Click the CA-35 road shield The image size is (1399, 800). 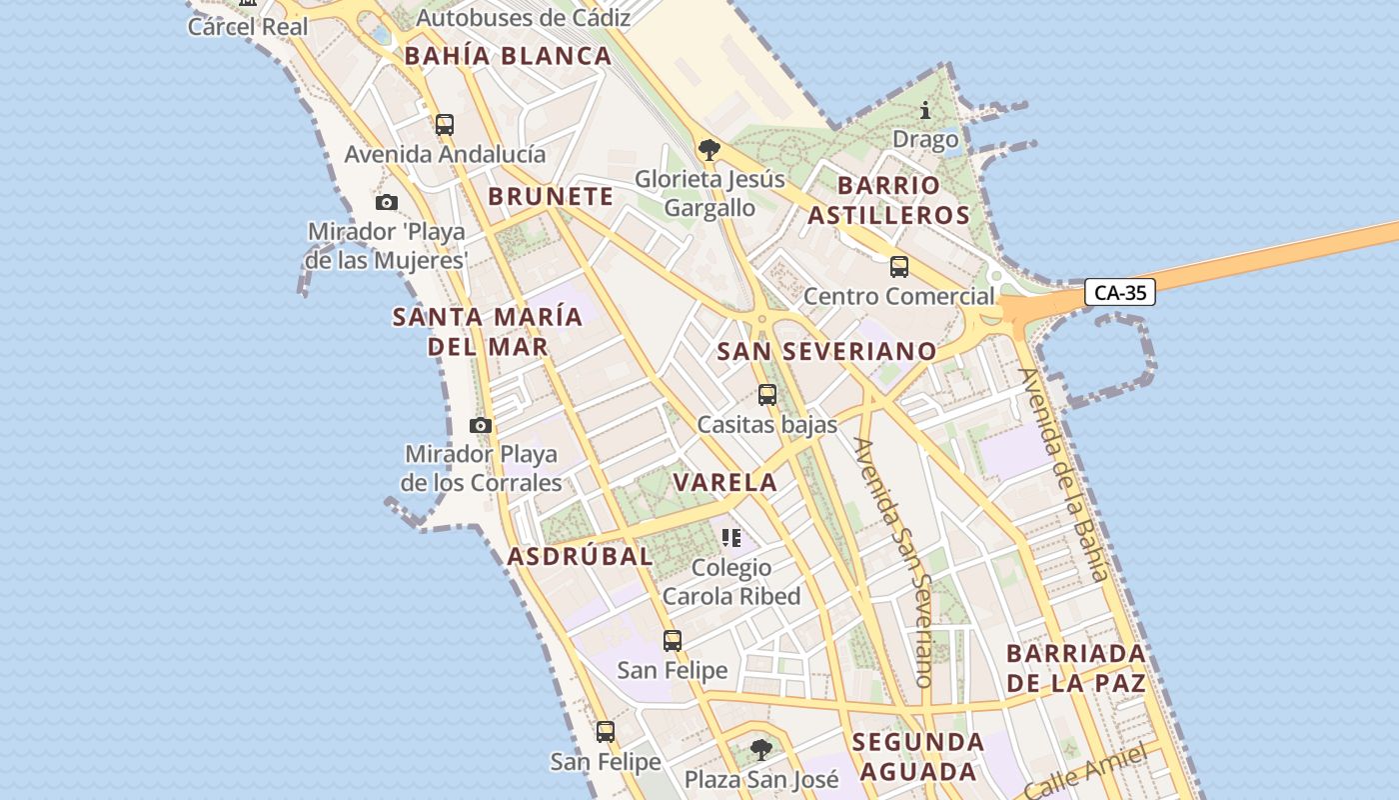(1119, 293)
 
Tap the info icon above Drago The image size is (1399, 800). (925, 110)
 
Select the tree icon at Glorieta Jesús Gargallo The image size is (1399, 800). (709, 150)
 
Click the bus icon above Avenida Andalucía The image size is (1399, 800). (445, 125)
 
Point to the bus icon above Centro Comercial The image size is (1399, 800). (899, 267)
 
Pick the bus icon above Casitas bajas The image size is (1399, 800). (767, 395)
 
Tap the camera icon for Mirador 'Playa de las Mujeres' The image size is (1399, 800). (387, 203)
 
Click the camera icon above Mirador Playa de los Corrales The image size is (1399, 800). (481, 425)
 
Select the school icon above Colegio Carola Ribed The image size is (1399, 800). (731, 538)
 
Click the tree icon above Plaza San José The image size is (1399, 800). (761, 749)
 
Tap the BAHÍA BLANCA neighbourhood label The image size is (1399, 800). (508, 56)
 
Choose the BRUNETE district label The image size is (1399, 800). (551, 196)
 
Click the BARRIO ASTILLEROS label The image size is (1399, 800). (888, 200)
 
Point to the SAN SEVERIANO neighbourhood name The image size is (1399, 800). (827, 351)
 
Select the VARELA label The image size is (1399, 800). (724, 482)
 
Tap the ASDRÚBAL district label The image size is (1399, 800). (580, 556)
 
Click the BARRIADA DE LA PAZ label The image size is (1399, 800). (1075, 669)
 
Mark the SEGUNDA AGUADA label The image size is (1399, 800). (918, 757)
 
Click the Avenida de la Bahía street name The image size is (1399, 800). (1064, 475)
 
